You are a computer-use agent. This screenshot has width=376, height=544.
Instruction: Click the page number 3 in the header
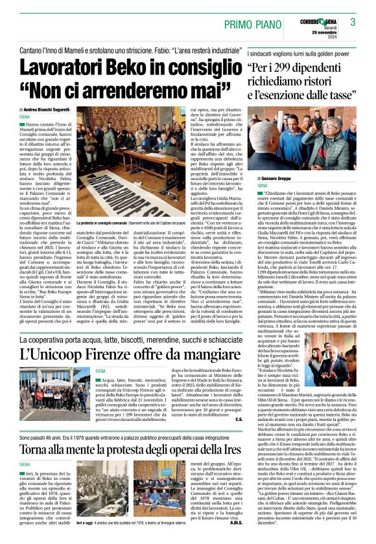pos(353,22)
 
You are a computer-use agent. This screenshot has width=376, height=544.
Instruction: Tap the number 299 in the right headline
pos(288,69)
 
